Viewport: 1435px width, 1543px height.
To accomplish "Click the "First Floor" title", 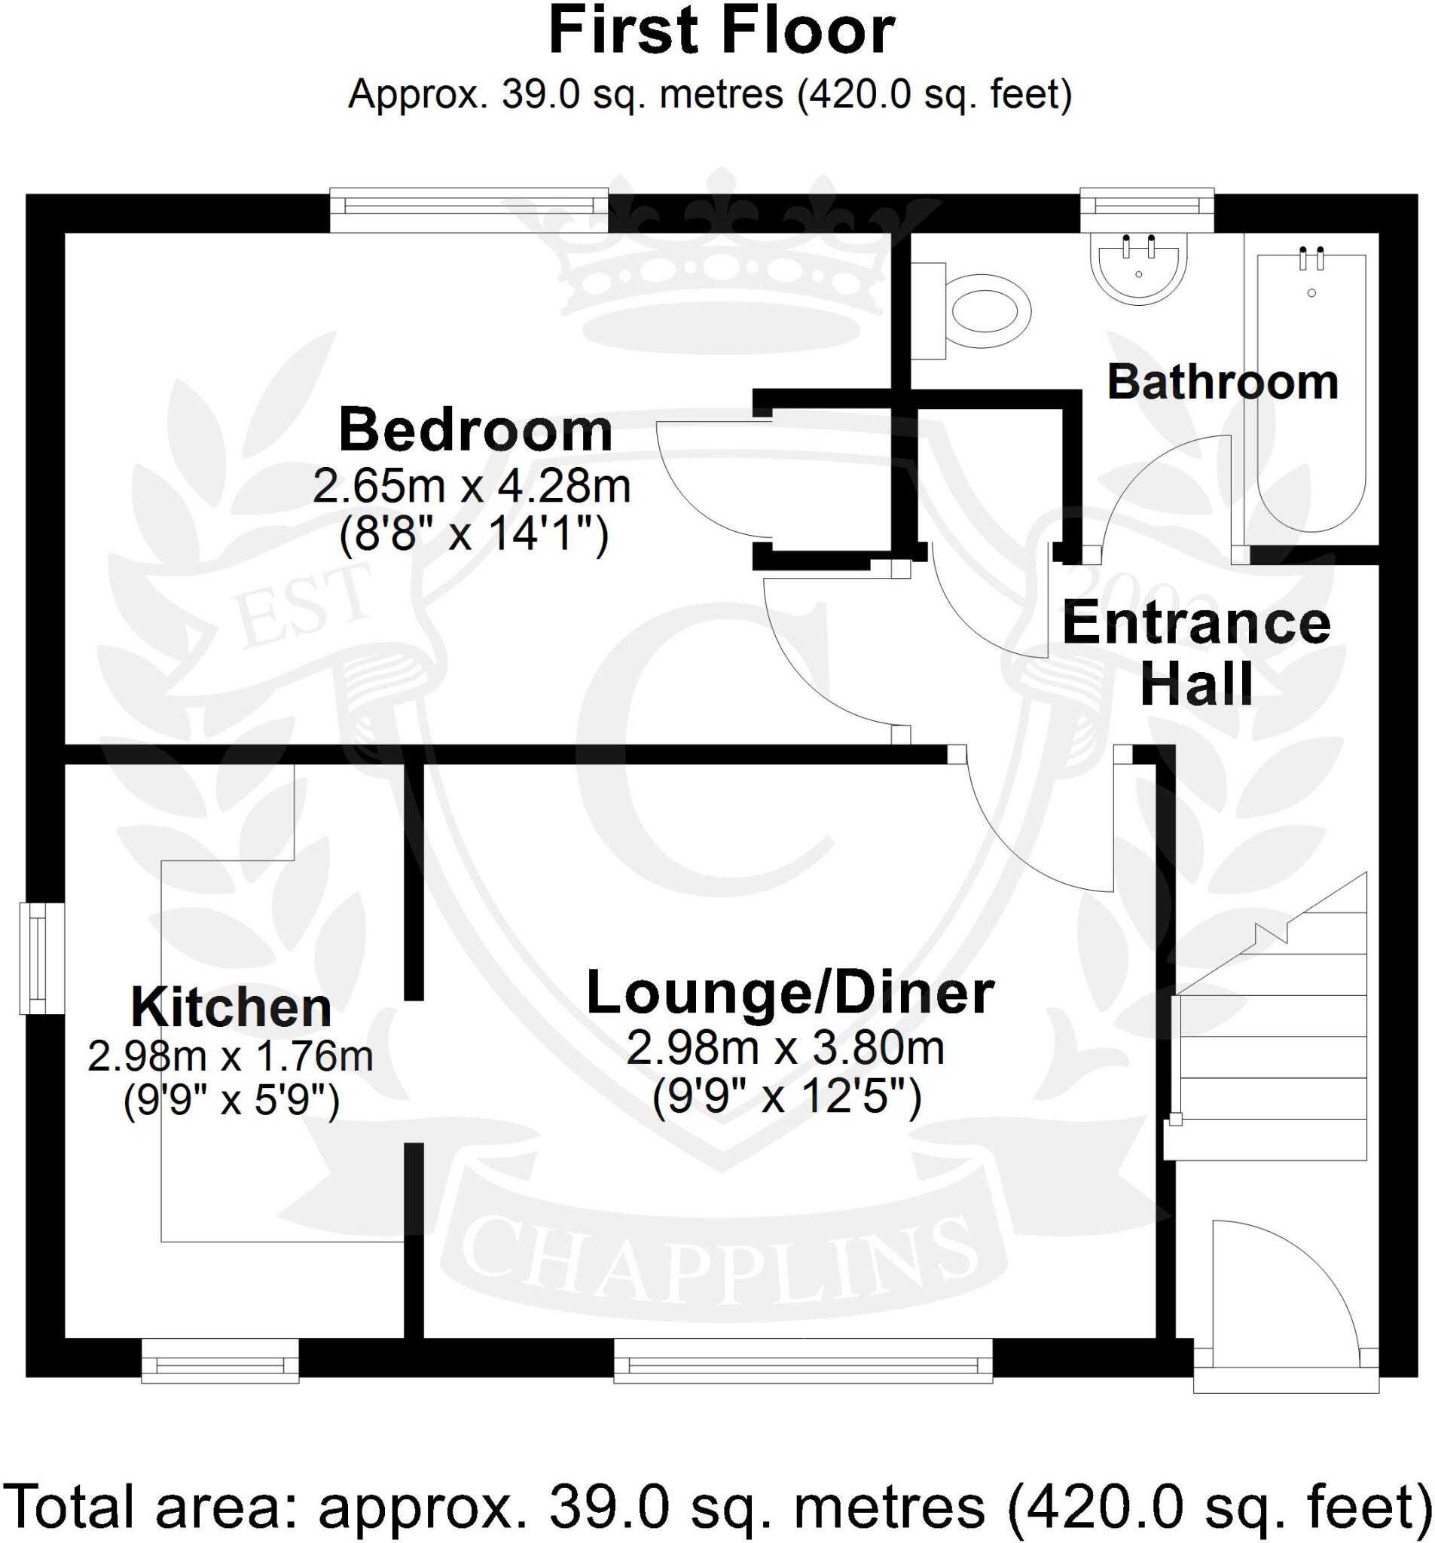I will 721,32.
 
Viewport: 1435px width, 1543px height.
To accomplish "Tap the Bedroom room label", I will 475,431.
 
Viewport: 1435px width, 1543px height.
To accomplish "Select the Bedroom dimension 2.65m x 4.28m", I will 471,487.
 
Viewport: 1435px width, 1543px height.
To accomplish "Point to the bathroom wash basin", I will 1137,268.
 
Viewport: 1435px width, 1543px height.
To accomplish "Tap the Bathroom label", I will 1222,383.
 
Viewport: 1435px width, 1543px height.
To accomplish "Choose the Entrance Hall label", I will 1196,654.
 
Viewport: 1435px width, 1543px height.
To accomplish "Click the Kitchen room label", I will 231,1008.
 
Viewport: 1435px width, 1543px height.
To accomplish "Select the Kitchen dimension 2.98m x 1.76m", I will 231,1056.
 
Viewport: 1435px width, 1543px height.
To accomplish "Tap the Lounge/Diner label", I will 790,993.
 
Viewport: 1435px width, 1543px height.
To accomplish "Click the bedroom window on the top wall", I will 469,206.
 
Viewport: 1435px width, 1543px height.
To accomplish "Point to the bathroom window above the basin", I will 1146,206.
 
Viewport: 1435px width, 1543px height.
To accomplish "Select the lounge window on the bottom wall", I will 802,1368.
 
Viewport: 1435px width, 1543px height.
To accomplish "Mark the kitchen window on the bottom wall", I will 221,1368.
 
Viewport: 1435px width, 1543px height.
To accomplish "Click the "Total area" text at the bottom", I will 717,1506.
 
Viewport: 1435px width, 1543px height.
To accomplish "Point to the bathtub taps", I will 1311,258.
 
